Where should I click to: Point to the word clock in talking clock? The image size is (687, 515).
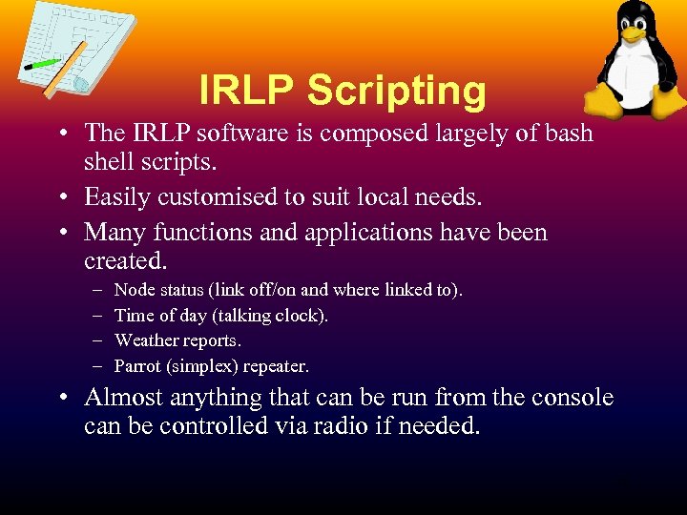click(x=302, y=315)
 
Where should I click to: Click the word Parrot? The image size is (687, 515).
click(x=137, y=366)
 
